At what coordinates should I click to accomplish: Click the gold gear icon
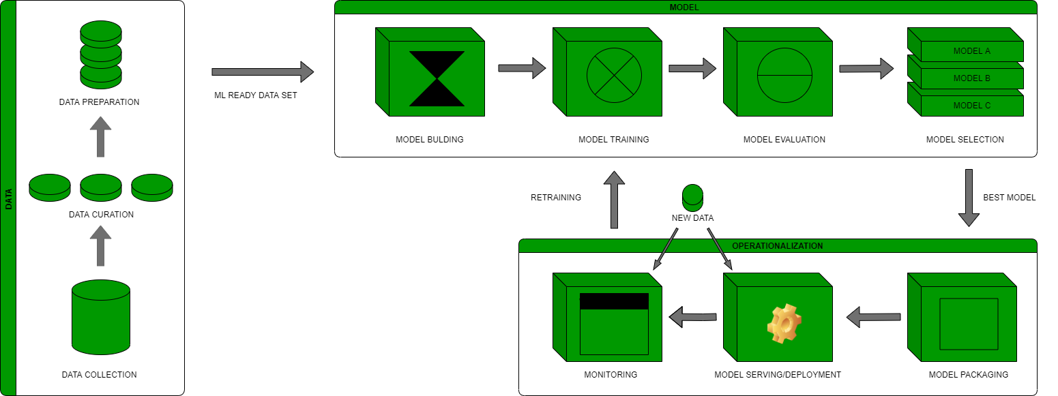(x=784, y=324)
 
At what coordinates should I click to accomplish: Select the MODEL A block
(x=971, y=51)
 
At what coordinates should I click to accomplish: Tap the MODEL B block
(x=971, y=78)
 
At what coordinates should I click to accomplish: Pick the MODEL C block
(x=971, y=106)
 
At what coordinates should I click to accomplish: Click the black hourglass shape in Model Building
(x=437, y=78)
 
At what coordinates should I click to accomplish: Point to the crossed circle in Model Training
(x=614, y=75)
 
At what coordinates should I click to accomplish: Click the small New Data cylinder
(x=692, y=196)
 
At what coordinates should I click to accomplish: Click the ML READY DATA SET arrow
(x=262, y=72)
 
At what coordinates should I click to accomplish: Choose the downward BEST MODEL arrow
(x=969, y=198)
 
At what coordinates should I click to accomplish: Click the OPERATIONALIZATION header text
(x=777, y=245)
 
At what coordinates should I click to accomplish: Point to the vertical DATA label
(x=8, y=198)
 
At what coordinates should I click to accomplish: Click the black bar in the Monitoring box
(x=614, y=301)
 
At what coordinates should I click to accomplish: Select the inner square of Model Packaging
(x=969, y=324)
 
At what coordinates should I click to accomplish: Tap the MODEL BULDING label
(x=429, y=140)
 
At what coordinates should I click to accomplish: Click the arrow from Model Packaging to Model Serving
(x=873, y=317)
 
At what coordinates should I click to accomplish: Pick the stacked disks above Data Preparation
(x=101, y=55)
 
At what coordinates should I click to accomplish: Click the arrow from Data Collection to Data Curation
(x=101, y=246)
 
